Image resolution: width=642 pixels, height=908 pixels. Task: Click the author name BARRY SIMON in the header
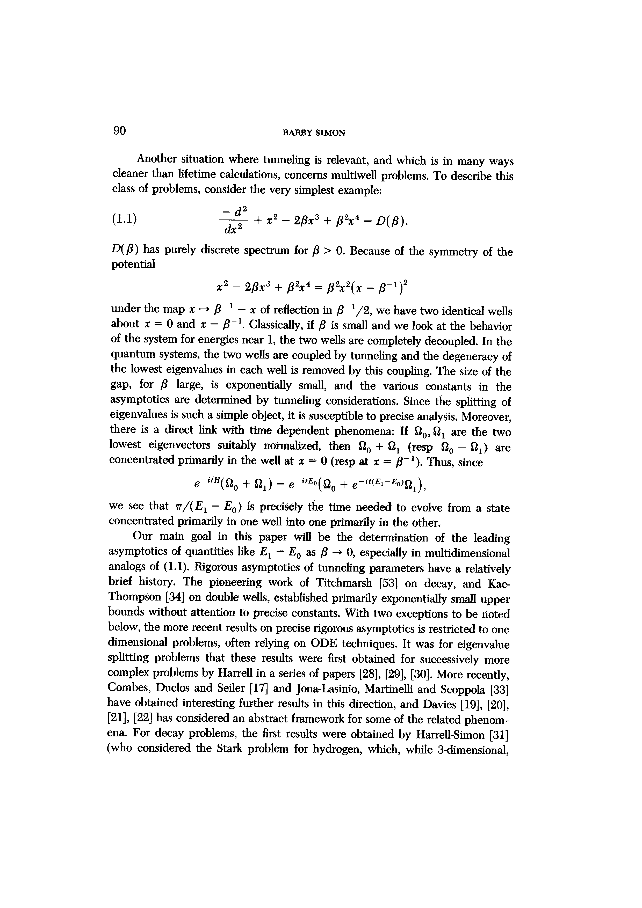tap(314, 133)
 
